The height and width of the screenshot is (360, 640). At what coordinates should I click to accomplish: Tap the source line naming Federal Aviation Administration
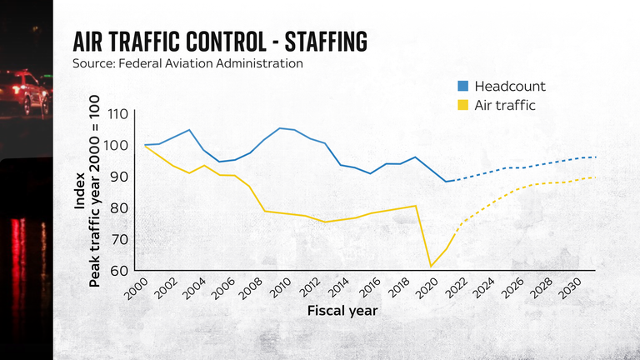tap(188, 64)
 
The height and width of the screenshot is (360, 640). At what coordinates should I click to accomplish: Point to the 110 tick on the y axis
tap(117, 114)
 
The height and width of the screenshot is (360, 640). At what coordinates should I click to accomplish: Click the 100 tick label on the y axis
tap(117, 146)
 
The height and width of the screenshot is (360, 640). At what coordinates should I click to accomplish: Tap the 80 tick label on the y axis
tap(117, 208)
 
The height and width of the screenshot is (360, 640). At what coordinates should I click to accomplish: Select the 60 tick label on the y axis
tap(117, 271)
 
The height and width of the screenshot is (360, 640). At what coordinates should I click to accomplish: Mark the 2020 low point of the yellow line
tap(431, 266)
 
